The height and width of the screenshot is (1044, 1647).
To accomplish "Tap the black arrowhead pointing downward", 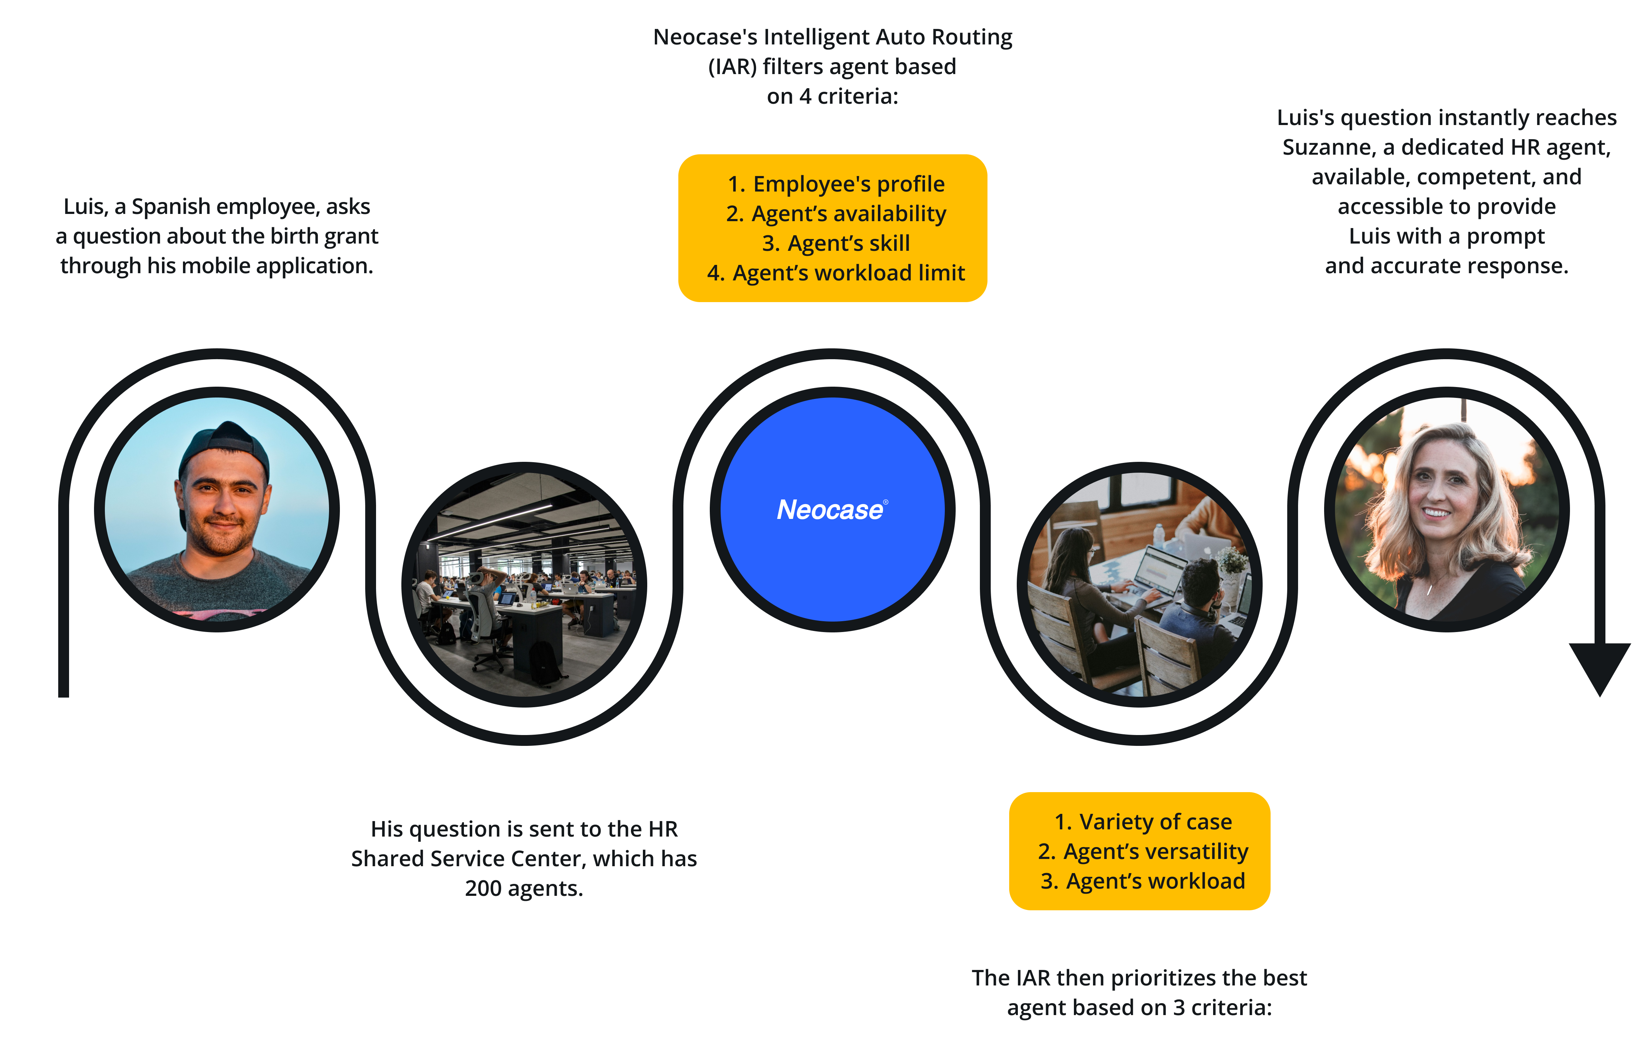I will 1599,667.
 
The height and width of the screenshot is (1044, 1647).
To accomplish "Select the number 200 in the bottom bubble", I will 483,888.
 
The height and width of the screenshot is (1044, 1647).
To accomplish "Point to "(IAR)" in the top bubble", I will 732,67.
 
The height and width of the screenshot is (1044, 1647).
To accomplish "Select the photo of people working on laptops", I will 1139,585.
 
